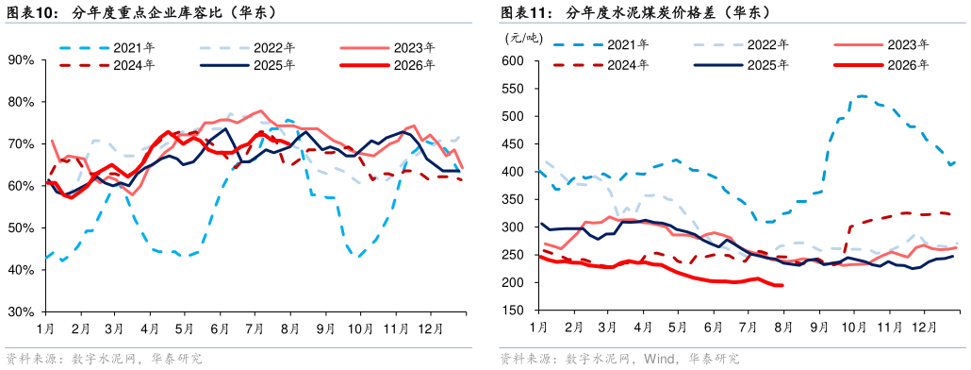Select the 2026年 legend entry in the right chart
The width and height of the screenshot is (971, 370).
(881, 64)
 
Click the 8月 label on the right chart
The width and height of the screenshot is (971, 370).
(784, 326)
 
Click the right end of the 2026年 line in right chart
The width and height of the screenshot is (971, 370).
(782, 285)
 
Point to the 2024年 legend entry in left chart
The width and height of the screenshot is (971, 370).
(109, 64)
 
